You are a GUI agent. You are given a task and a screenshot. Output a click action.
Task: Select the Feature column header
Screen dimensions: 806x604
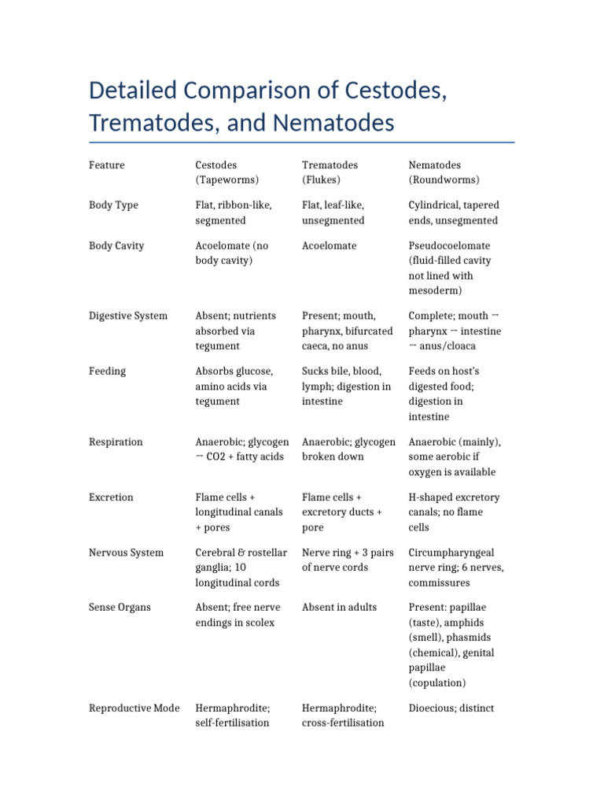[x=107, y=165]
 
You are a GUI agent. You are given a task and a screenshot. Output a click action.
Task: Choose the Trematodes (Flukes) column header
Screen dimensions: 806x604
[x=330, y=172]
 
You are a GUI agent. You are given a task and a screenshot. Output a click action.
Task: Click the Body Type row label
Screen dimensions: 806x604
[x=113, y=205]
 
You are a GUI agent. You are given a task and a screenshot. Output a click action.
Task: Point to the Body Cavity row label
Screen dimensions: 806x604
[x=116, y=246]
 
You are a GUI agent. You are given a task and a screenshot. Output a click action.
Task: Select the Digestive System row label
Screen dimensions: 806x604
[x=128, y=316]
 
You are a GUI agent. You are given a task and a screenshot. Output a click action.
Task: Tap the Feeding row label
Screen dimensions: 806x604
[x=107, y=371]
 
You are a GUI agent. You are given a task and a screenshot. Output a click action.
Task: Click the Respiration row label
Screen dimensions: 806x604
[x=116, y=442]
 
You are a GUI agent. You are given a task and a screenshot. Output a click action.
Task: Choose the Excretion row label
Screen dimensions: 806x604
[x=112, y=497]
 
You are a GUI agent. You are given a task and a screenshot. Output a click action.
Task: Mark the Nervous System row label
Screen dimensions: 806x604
[x=126, y=553]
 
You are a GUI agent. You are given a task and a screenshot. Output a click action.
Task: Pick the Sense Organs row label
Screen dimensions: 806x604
[x=120, y=608]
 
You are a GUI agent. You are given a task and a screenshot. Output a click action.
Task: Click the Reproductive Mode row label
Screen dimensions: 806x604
[x=134, y=708]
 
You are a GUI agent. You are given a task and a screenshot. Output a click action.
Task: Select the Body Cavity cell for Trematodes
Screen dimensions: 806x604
[x=330, y=246]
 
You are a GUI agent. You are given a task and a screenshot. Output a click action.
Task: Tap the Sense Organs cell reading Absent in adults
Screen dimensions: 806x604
[x=340, y=608]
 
